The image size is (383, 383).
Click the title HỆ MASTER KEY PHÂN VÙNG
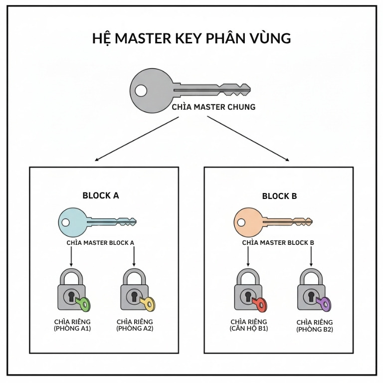point(191,38)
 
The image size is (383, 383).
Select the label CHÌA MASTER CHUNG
point(213,107)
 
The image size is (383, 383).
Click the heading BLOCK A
point(101,195)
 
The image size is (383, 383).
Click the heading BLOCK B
point(279,196)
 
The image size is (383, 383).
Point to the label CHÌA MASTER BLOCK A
point(101,243)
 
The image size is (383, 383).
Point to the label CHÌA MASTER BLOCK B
point(278,243)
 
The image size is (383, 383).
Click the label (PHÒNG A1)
point(73,329)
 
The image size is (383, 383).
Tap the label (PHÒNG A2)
point(135,329)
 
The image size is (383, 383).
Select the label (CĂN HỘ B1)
point(249,329)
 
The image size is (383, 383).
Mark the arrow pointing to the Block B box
point(248,138)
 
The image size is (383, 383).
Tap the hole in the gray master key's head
point(141,91)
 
